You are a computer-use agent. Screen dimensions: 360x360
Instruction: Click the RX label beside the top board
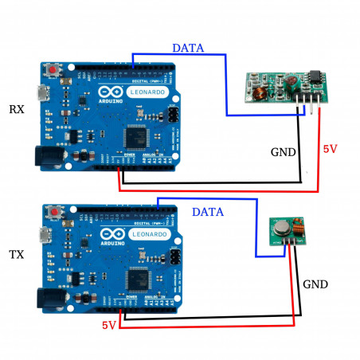(15, 108)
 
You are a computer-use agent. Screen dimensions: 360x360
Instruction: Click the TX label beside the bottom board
(15, 255)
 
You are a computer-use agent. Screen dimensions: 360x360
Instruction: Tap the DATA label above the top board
(188, 48)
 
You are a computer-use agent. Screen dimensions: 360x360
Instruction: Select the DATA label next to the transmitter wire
(207, 213)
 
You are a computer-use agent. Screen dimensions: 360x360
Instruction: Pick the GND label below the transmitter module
(315, 284)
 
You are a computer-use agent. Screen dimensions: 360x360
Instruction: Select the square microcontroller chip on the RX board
(136, 135)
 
